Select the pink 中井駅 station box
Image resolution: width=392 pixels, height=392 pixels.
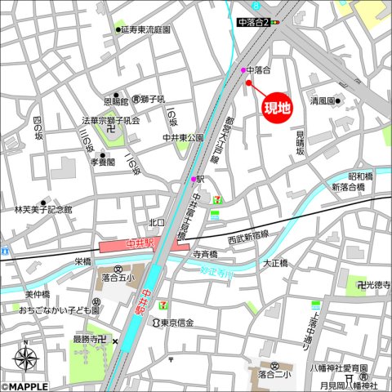[x=144, y=245]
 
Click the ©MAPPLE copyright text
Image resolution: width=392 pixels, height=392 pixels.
[x=26, y=386]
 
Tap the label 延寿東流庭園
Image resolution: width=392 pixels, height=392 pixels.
[x=145, y=29]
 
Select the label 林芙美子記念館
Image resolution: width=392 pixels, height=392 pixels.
[x=42, y=209]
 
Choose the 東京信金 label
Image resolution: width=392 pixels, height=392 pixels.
[x=176, y=323]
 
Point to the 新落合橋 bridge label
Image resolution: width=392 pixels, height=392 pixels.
[x=346, y=188]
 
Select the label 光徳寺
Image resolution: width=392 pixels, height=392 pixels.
[x=376, y=284]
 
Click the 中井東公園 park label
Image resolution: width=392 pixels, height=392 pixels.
[x=184, y=138]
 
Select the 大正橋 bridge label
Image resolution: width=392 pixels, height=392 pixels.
[x=276, y=263]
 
